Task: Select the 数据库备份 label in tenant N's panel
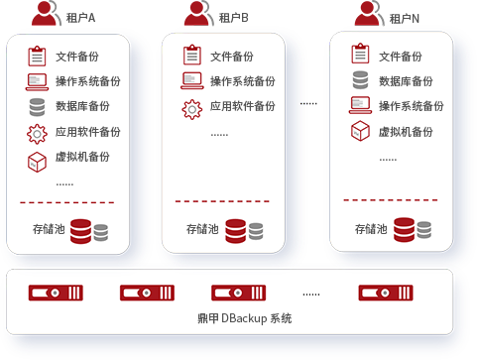point(406,81)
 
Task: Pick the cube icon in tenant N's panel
point(360,131)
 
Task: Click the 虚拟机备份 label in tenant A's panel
point(83,157)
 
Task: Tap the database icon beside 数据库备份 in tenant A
point(38,105)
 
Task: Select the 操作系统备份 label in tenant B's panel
point(243,81)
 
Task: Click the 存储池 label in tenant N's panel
point(373,229)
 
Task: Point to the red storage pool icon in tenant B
point(234,230)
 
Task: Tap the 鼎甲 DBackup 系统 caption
point(239,318)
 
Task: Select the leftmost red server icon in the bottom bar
point(49,293)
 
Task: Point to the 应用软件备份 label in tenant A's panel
point(88,131)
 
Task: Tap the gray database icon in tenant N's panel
point(360,80)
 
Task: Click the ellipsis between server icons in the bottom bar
point(311,294)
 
